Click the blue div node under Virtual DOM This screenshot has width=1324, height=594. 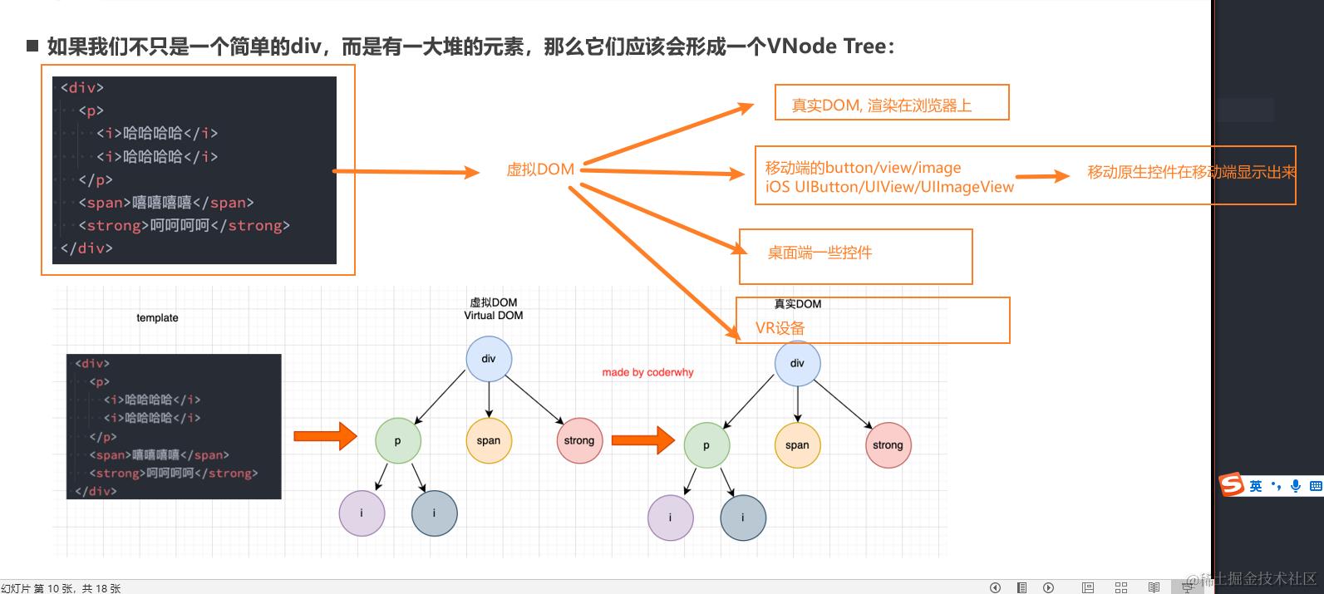(x=489, y=359)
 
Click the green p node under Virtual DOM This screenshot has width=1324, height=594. (x=397, y=441)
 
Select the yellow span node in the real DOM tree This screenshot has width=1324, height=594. (x=797, y=445)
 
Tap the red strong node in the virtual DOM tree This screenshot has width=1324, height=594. (x=578, y=440)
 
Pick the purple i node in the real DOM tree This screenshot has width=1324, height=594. (x=670, y=518)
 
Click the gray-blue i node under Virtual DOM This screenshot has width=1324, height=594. (x=434, y=513)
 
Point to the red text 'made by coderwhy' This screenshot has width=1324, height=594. (x=647, y=372)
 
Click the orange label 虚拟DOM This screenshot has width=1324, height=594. (x=540, y=169)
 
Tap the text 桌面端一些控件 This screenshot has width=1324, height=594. (x=820, y=253)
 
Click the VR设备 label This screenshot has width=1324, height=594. (x=780, y=328)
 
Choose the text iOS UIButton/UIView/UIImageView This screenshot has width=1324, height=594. (x=889, y=187)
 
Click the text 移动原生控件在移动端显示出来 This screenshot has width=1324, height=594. (x=1191, y=173)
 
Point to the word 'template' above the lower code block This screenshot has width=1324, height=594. (x=157, y=318)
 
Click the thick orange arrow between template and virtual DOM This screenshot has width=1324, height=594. (x=324, y=435)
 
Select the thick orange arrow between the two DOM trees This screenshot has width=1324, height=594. (x=642, y=439)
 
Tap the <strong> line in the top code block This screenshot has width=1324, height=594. (x=184, y=226)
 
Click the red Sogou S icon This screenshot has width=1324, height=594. (x=1231, y=485)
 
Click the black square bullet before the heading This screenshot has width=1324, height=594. (x=33, y=46)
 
